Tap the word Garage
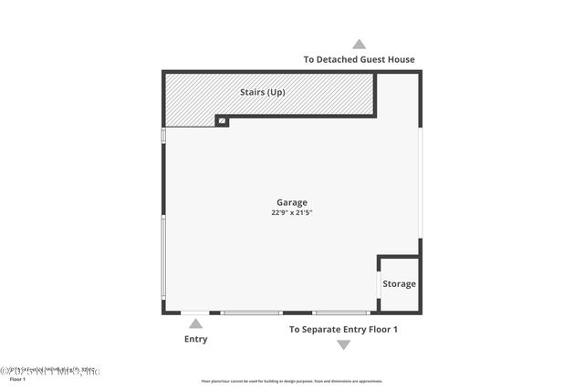tap(292, 202)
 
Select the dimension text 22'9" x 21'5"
tap(292, 212)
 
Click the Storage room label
tap(399, 284)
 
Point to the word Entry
tap(195, 339)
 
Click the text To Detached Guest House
tap(359, 60)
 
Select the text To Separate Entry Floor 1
tap(343, 329)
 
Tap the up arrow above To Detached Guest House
tap(360, 44)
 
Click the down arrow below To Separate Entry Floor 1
tap(343, 344)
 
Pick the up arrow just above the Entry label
tap(195, 323)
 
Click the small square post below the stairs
tap(221, 120)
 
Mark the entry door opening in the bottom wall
tap(194, 312)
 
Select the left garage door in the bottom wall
tap(252, 312)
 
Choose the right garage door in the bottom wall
tap(341, 312)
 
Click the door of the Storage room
tap(379, 284)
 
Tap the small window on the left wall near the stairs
tap(163, 135)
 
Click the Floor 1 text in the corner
tap(18, 379)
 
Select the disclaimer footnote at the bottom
tap(292, 381)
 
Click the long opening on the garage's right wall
tap(420, 182)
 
